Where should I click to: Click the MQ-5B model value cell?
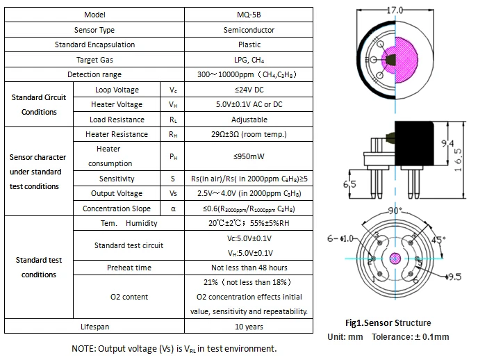(249, 15)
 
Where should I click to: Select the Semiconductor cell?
(249, 30)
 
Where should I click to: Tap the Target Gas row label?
(94, 60)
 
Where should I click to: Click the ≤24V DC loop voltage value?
(249, 90)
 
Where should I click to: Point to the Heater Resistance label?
(117, 134)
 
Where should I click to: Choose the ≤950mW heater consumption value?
(249, 156)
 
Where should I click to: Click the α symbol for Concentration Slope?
(173, 208)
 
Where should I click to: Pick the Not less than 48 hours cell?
(249, 268)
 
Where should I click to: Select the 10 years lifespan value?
(249, 327)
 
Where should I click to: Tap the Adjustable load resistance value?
(249, 120)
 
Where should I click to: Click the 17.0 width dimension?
(395, 10)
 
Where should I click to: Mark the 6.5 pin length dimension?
(349, 184)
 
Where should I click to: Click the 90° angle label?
(395, 211)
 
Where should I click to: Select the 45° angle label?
(438, 240)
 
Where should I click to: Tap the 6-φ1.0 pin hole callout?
(340, 238)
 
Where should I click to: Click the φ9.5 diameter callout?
(453, 277)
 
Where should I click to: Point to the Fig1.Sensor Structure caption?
(388, 322)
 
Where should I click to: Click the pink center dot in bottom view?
(395, 259)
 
